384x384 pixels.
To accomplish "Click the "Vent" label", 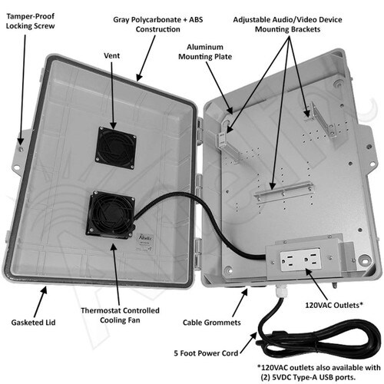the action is click(x=111, y=55).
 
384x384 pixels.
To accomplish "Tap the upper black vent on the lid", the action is click(x=116, y=148).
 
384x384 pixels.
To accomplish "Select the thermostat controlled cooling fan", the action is click(x=111, y=215).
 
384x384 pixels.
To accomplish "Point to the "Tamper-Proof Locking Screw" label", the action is click(x=30, y=21).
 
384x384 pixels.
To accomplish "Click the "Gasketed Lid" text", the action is click(x=33, y=323).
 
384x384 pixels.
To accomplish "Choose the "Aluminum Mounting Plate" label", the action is click(x=205, y=51).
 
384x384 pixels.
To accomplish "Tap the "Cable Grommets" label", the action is click(x=212, y=323).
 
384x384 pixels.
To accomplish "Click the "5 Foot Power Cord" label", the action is click(x=206, y=353).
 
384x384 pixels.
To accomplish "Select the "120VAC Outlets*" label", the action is click(x=334, y=305).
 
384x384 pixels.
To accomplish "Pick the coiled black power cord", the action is click(x=317, y=336).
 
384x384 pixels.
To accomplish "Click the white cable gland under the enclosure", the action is click(x=280, y=291).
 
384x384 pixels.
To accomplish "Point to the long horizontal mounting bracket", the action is click(x=283, y=190).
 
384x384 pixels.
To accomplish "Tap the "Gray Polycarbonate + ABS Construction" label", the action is click(x=158, y=25).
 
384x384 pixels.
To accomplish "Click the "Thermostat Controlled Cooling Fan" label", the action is click(x=120, y=315).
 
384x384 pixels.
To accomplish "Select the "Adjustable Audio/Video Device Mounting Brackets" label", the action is click(x=287, y=25).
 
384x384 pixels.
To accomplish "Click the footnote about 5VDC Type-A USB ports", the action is click(x=319, y=372).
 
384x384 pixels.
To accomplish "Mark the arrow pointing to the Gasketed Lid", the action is click(x=41, y=302).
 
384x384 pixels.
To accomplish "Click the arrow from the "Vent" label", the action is click(x=112, y=95).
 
